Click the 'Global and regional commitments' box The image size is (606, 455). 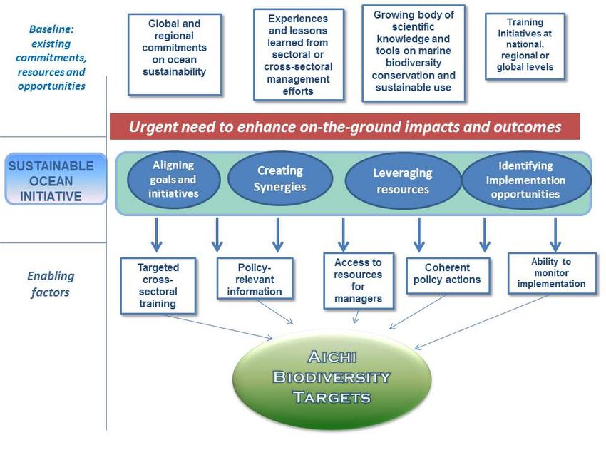(x=175, y=54)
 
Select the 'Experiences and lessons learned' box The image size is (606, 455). (x=298, y=54)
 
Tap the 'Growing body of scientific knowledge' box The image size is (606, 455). (x=414, y=53)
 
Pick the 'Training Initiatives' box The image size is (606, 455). (x=525, y=46)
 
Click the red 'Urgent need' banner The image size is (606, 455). (x=345, y=126)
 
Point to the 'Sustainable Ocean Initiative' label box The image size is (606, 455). (x=56, y=178)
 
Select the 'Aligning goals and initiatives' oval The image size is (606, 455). (x=173, y=180)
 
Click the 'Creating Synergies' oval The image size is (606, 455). (x=280, y=178)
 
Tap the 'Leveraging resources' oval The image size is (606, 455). (x=403, y=181)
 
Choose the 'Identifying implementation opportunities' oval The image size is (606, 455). (x=526, y=180)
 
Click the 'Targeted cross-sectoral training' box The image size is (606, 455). (x=158, y=286)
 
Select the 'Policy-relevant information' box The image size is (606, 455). (x=255, y=279)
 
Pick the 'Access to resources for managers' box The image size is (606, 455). (x=359, y=281)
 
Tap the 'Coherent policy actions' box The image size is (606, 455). (x=448, y=276)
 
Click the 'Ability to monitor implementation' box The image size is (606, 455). (x=552, y=273)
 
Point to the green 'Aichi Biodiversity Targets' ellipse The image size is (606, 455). (x=332, y=377)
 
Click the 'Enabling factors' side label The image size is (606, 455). (x=51, y=284)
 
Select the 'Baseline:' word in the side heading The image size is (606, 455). (x=51, y=29)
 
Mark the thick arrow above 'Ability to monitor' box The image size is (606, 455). (x=555, y=234)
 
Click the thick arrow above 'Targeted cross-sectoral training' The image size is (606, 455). (x=157, y=234)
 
